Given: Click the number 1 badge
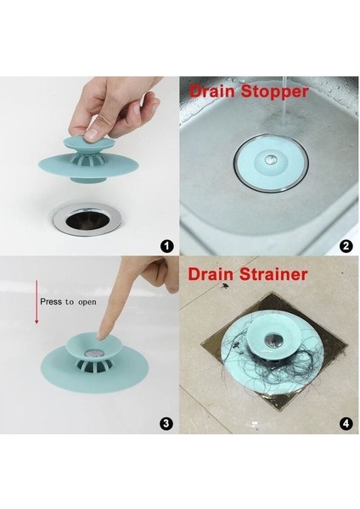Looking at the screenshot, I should pos(166,247).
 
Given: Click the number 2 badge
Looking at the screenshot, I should pos(346,247).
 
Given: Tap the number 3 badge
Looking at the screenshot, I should pos(166,422).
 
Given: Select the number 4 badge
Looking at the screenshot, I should pos(346,422).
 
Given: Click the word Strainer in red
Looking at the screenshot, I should pos(276,274).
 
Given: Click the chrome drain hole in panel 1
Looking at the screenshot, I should pos(86,218).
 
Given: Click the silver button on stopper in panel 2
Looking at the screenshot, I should pos(268,159).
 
